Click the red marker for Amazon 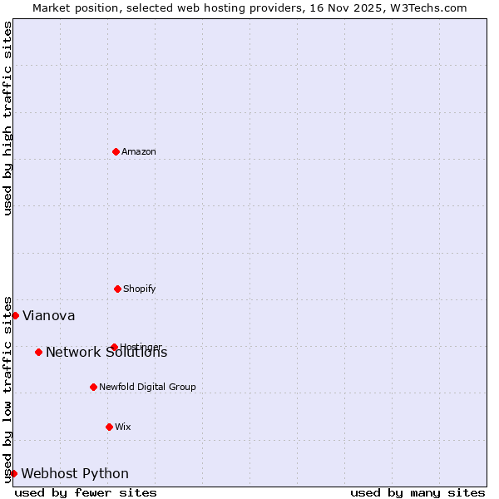(x=116, y=151)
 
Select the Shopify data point (x=117, y=289)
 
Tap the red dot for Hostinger (x=114, y=347)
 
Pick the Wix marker (x=109, y=427)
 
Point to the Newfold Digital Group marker (x=93, y=387)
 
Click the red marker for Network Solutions (x=38, y=352)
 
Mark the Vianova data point (x=15, y=315)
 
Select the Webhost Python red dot (x=13, y=473)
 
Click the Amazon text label (x=139, y=151)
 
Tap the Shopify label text (x=140, y=289)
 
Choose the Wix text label (x=123, y=427)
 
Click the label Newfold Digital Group (x=147, y=387)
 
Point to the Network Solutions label (x=106, y=353)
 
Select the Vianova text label (x=48, y=316)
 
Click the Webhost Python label (x=75, y=474)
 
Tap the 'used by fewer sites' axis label (x=86, y=492)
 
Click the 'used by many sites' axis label (x=417, y=492)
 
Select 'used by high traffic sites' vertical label (x=7, y=118)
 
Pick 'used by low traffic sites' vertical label (x=7, y=388)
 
